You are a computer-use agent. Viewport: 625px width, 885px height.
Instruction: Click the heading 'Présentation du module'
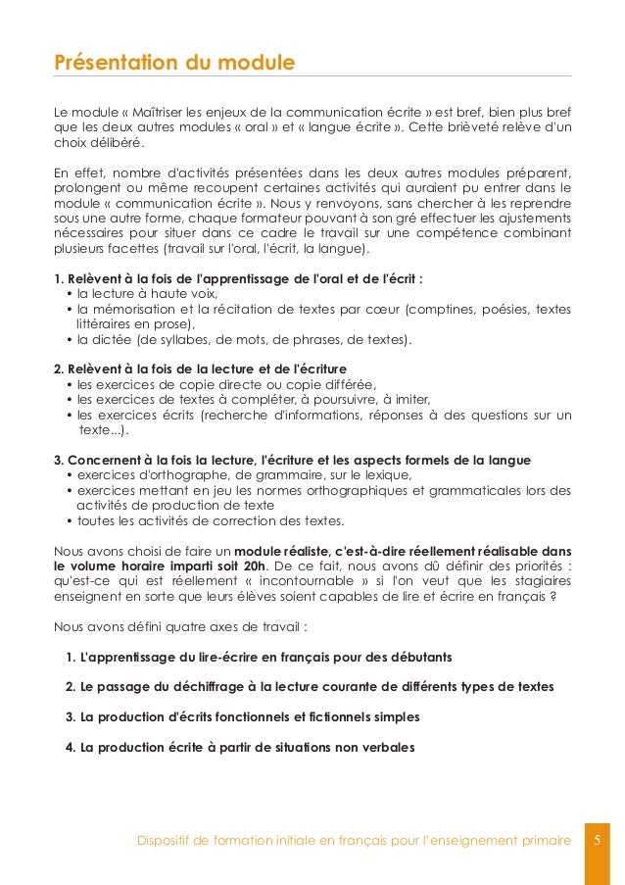pos(173,64)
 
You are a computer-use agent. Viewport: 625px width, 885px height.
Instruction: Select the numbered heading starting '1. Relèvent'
pos(238,277)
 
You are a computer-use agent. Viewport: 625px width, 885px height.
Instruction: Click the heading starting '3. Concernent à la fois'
pos(292,460)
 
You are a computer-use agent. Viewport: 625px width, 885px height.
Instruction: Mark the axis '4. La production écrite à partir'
pos(240,747)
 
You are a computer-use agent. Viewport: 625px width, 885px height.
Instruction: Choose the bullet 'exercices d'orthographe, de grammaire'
pos(244,475)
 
